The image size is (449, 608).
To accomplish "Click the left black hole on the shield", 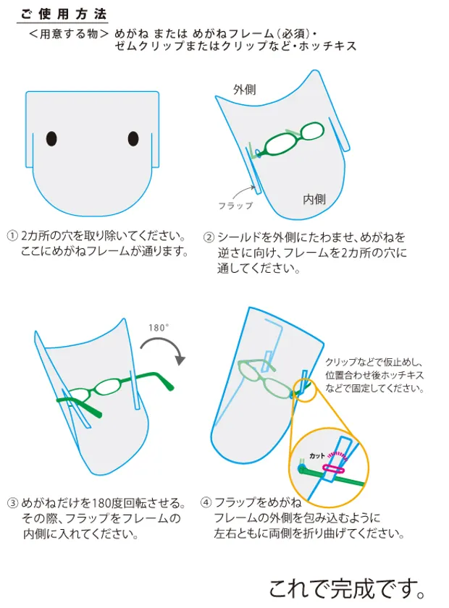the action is [x=51, y=138].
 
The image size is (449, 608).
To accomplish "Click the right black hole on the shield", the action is [x=133, y=139].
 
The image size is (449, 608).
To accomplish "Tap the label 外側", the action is [x=245, y=90].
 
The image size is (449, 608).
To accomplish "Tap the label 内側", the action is [x=314, y=199].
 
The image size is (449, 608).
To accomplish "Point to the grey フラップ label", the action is [x=235, y=206].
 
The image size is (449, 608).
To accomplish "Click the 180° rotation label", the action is [x=159, y=328].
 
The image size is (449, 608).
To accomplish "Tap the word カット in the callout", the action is [x=317, y=455].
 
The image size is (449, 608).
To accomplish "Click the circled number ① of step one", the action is [x=12, y=235].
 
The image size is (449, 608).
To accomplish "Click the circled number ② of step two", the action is [x=209, y=237].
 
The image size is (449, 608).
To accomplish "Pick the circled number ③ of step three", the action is [x=12, y=503].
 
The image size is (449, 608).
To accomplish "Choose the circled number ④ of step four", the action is [x=206, y=502].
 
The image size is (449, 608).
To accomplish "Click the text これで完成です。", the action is [x=347, y=588].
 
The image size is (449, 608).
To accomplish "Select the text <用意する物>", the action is [x=69, y=34].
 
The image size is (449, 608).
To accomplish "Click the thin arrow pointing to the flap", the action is [x=244, y=191].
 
